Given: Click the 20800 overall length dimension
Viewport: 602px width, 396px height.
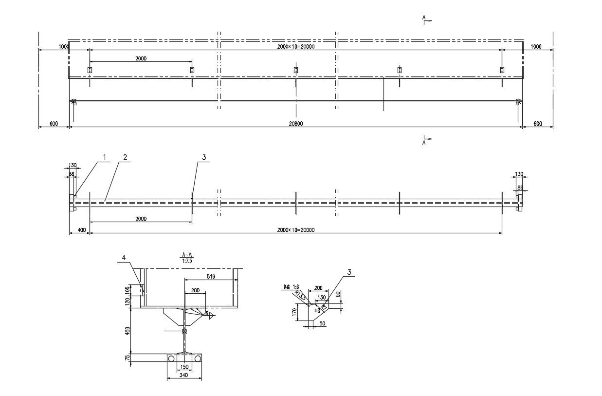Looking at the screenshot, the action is point(296,124).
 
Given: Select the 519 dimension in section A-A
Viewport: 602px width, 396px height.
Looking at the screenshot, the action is point(211,276).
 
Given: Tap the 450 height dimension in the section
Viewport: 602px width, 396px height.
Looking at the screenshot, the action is point(128,331).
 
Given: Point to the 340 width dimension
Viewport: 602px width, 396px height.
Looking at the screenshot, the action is point(183,376).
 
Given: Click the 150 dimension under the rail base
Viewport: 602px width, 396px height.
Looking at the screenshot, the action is point(184,367).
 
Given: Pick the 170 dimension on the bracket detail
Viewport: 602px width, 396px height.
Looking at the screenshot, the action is point(294,311).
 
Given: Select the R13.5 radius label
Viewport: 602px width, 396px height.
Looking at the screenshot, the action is point(301,296).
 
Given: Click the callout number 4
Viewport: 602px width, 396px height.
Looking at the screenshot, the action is point(124,257).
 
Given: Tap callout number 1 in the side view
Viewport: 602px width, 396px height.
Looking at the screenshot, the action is point(104,157).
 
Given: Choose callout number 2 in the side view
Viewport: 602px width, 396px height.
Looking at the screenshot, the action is point(125,157).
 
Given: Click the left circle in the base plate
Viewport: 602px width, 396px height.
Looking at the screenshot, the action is point(171,358).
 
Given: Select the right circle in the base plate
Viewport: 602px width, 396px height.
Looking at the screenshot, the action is point(197,358).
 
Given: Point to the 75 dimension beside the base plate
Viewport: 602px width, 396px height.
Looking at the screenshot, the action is point(128,358).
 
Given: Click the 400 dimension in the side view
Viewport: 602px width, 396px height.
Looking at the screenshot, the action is point(81,230).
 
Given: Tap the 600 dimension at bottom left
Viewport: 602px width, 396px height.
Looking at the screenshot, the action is point(54,124).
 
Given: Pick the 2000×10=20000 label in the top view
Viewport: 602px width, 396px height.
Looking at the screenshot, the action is point(296,47).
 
